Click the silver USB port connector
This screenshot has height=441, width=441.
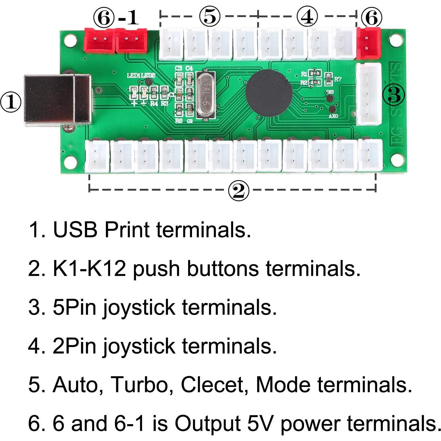tap(58, 100)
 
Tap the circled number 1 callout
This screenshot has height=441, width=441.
tap(11, 102)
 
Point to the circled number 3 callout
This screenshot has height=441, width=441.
tap(394, 95)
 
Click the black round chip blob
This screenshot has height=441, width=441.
tap(269, 92)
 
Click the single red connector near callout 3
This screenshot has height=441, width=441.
tap(368, 43)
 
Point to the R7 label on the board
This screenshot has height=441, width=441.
tap(338, 79)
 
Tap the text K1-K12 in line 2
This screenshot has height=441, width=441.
tap(89, 268)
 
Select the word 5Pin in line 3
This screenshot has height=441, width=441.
tap(74, 307)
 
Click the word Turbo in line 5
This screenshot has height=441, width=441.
tap(140, 385)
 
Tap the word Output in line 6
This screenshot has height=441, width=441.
tap(208, 423)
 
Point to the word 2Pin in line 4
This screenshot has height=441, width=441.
tap(74, 346)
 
